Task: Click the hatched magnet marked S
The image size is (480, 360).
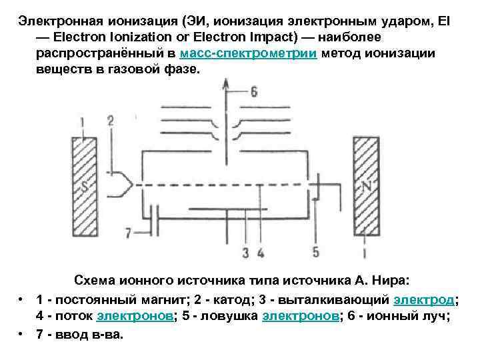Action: (x=83, y=187)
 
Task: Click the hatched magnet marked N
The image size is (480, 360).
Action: (x=366, y=187)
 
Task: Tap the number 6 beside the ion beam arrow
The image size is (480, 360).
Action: (x=254, y=93)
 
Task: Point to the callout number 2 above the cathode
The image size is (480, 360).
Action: (x=110, y=121)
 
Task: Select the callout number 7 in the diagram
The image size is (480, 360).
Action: (x=129, y=232)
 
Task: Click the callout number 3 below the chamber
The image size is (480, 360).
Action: (x=246, y=252)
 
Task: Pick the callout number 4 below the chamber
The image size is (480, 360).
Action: (x=261, y=252)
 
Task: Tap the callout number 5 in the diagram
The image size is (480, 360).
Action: (x=316, y=251)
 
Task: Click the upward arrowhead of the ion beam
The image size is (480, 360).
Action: (x=225, y=83)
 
